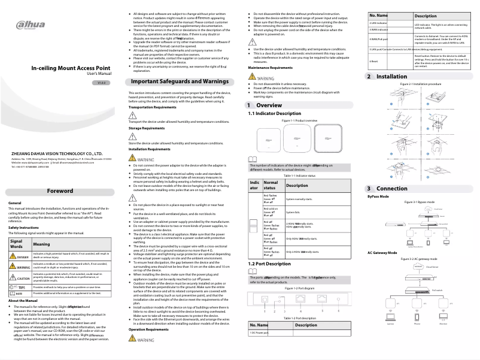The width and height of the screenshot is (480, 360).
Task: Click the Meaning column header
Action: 42,244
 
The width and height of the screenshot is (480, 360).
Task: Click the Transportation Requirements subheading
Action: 153,107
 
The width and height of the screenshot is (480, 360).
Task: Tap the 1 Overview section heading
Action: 265,105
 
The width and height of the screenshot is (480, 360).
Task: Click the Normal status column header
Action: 271,185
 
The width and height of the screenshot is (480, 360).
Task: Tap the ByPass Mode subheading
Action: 378,196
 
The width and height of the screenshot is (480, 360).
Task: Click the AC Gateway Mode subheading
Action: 382,253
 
